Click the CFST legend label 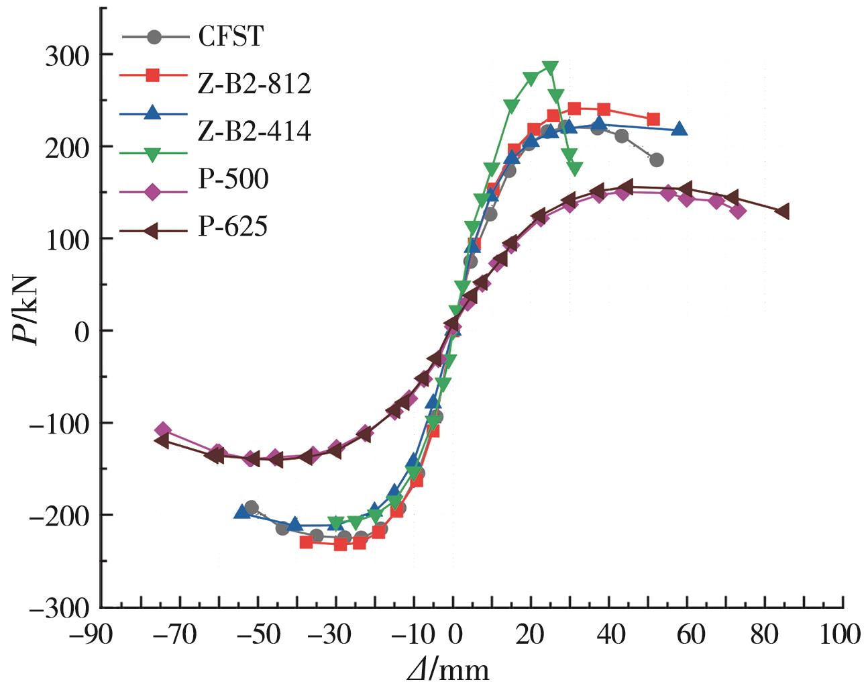231,36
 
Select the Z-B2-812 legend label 254,84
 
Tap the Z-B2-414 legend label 254,132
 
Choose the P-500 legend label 233,179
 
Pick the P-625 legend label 233,227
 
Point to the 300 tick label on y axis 68,55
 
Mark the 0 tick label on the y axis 83,332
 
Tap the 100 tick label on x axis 842,634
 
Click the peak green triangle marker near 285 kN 550,67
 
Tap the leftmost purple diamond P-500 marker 162,430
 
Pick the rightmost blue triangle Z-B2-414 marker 679,129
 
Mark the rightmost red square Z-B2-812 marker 653,119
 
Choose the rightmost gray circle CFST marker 656,160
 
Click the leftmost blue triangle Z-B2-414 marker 241,512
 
